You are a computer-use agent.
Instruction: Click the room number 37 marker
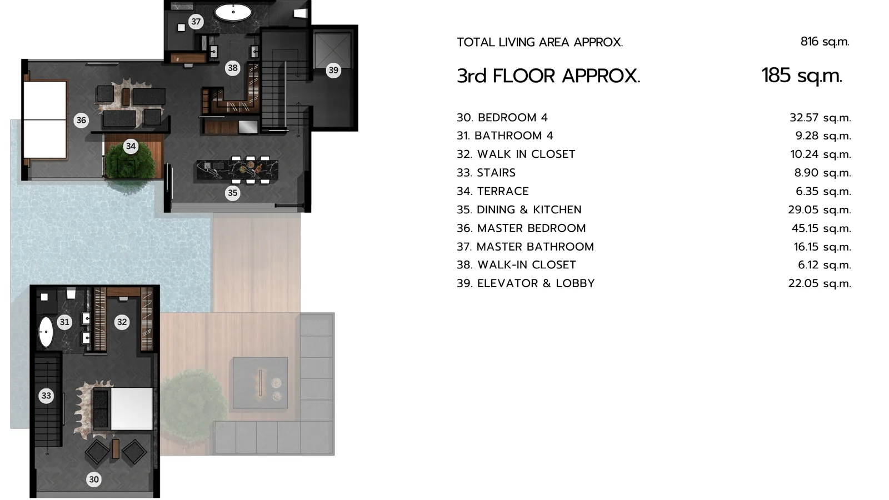196,22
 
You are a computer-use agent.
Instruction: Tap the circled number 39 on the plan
333,70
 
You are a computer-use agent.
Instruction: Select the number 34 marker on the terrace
131,147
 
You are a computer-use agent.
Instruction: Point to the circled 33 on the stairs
47,396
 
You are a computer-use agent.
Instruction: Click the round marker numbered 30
94,479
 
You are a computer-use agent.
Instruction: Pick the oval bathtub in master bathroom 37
233,12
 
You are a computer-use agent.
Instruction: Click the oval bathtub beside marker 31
46,332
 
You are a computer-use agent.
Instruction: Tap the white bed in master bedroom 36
45,120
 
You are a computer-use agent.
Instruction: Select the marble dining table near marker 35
237,170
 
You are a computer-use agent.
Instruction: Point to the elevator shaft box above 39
333,51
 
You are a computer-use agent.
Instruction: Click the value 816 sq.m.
825,42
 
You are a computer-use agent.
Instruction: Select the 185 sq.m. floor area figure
802,76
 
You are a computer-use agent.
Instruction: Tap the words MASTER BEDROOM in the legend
531,228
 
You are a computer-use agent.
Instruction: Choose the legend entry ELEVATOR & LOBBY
536,283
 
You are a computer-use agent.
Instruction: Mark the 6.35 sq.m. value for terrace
823,192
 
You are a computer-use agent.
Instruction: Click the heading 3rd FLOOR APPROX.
548,76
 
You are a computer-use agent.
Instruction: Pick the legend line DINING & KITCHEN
529,209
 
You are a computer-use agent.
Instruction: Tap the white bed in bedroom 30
131,409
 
